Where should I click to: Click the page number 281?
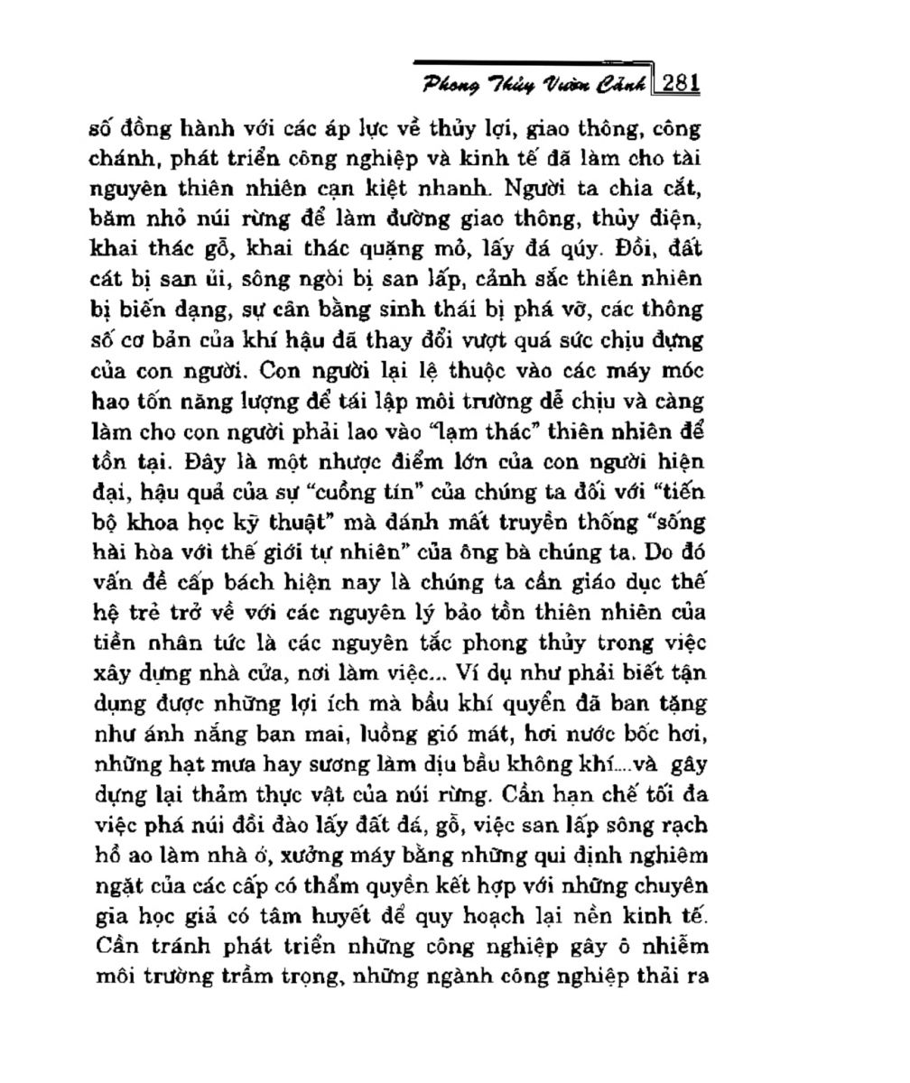pyautogui.click(x=682, y=84)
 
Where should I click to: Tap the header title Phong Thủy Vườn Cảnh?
pyautogui.click(x=534, y=86)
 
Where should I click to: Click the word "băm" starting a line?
pyautogui.click(x=112, y=219)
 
